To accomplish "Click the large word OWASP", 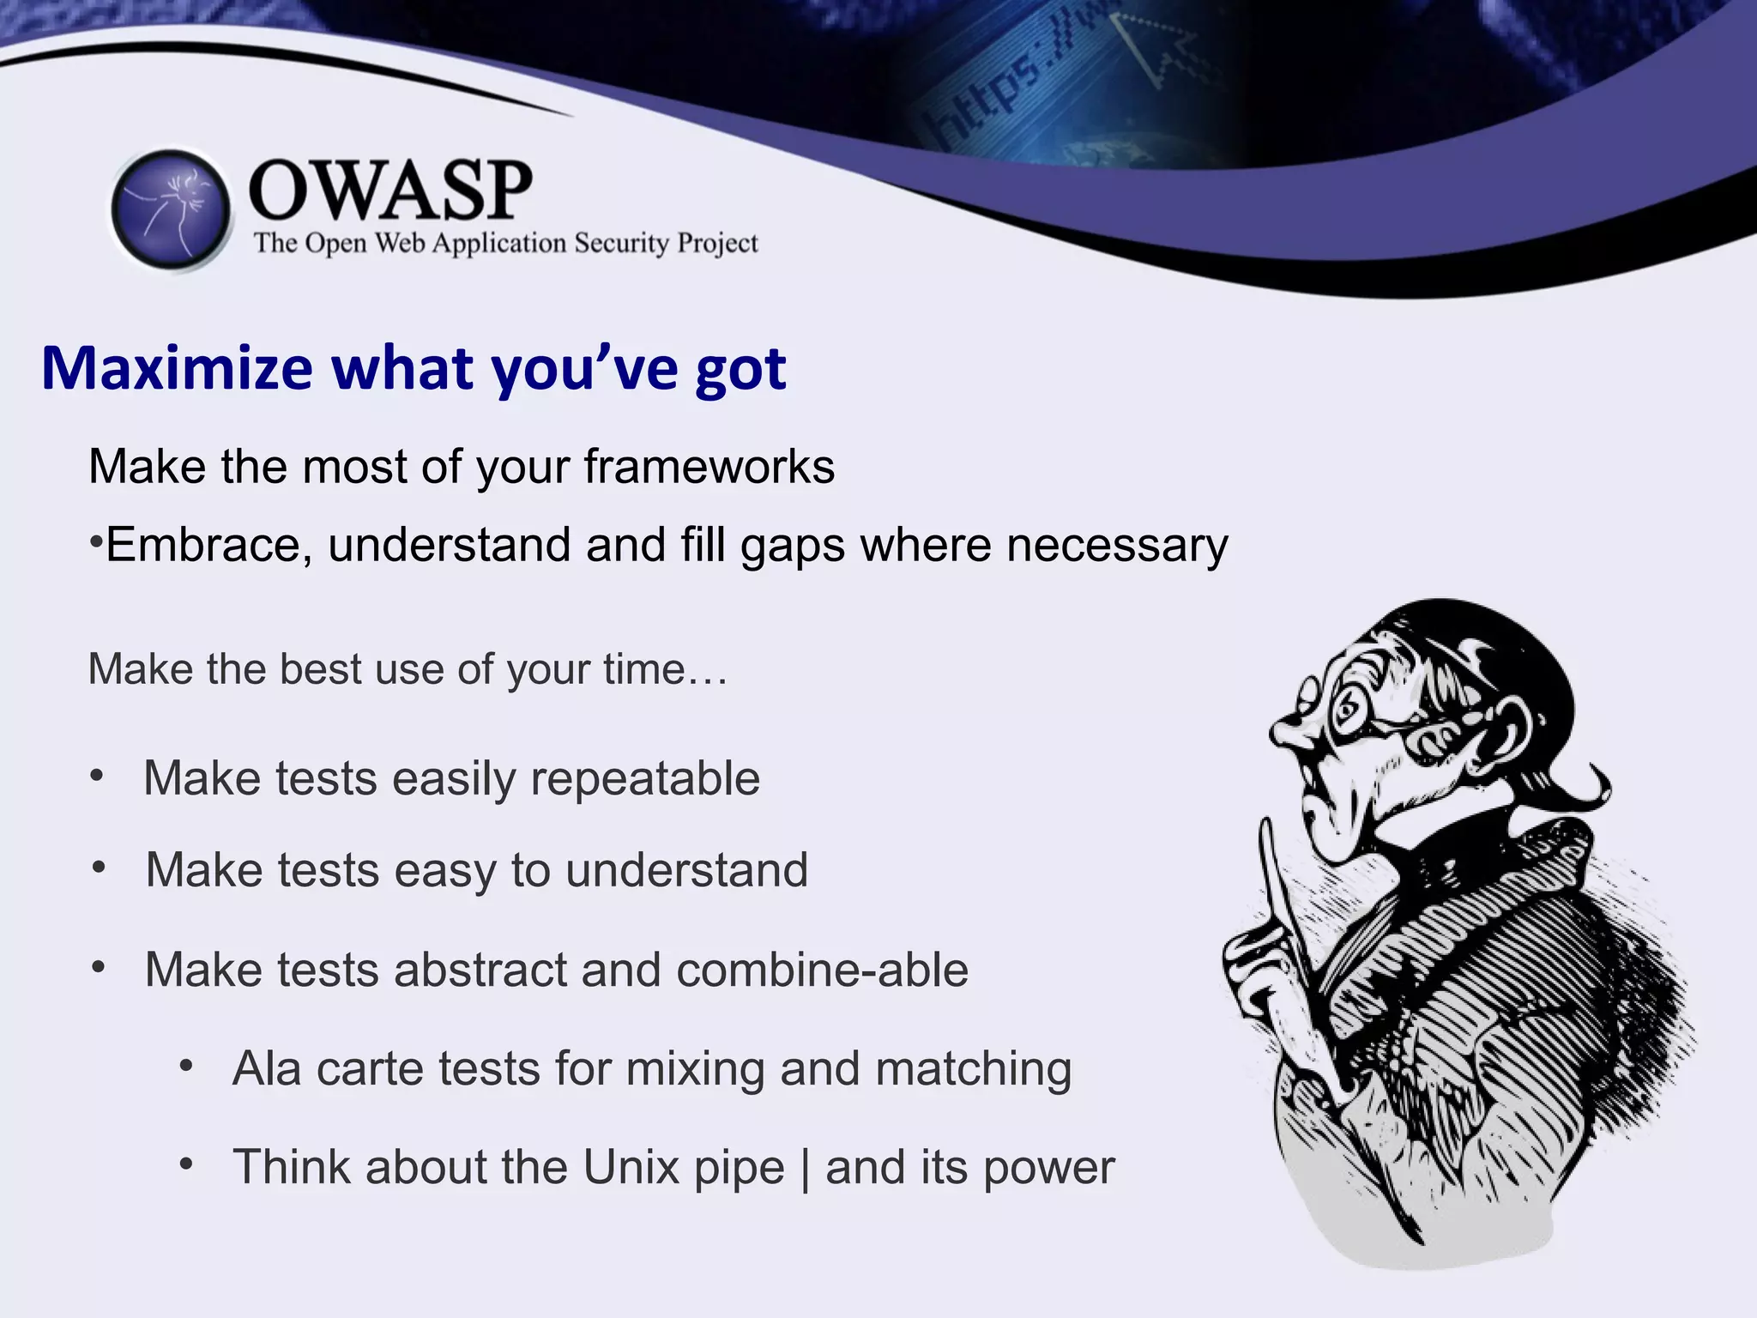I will pos(390,190).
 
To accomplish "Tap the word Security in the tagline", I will pos(621,244).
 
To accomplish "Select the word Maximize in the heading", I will pos(178,369).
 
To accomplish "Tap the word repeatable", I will pos(644,779).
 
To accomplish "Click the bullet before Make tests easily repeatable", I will pos(97,777).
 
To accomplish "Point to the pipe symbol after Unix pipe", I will pos(805,1169).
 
